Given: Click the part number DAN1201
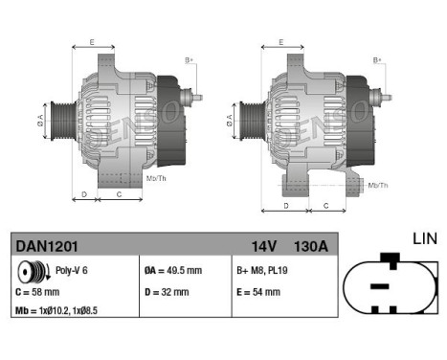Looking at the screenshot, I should click(x=44, y=246).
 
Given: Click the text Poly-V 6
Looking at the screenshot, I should click(x=72, y=271).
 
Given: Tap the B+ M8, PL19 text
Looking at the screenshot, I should click(x=264, y=271).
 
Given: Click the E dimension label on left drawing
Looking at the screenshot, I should click(x=93, y=42).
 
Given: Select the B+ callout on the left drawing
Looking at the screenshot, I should click(x=188, y=60).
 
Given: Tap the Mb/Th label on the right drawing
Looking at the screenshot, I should click(x=377, y=184).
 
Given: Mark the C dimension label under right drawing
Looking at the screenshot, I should click(x=326, y=205).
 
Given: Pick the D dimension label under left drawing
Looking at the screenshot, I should click(x=84, y=193).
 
